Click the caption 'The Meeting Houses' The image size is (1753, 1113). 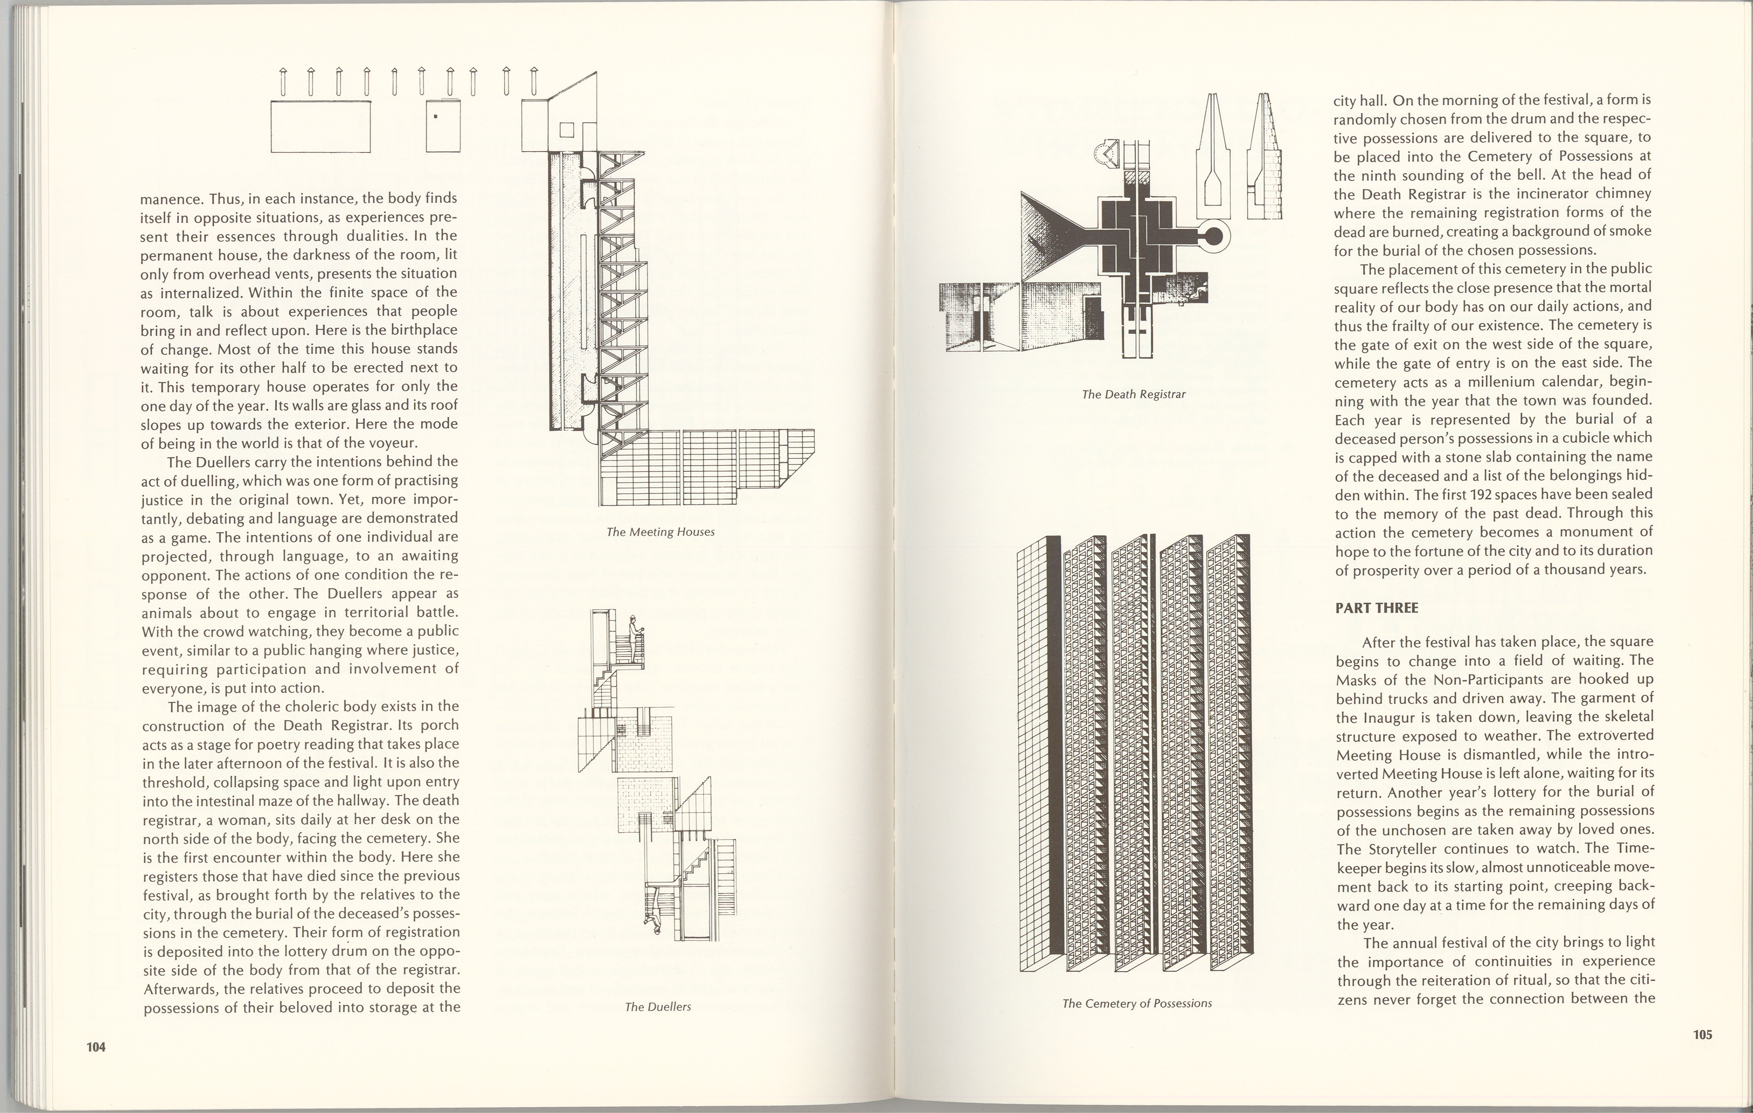[x=660, y=532]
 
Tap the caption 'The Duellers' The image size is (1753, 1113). [x=657, y=1007]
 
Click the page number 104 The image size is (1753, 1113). [x=96, y=1047]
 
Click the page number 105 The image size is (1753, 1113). [x=1702, y=1034]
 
